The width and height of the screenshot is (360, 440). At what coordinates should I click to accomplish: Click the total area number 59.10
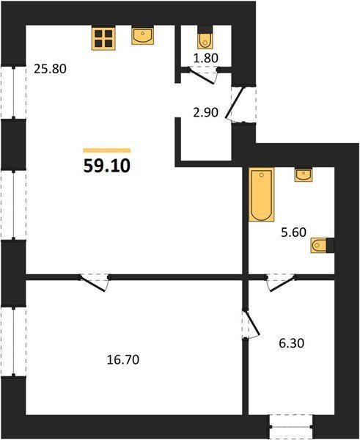107,166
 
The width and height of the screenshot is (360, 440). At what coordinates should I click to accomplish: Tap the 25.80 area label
50,69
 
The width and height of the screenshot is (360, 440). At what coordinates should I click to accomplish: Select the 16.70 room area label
123,360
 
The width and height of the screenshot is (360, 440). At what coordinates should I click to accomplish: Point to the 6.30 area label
292,343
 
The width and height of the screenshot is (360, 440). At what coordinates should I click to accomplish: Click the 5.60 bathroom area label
294,232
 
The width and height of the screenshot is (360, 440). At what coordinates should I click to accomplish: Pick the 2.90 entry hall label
206,112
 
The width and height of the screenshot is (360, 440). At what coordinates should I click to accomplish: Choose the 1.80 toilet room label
206,58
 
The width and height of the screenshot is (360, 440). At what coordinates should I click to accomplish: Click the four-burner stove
104,38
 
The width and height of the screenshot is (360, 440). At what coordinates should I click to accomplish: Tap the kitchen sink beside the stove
142,36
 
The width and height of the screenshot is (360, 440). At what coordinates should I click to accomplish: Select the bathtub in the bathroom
261,195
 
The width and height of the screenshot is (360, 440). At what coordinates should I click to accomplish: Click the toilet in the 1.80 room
206,37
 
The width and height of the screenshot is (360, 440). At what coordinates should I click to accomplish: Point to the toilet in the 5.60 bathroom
323,245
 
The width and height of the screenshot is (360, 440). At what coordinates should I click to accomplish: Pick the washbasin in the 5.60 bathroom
304,175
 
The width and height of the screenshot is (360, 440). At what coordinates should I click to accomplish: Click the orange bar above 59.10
107,150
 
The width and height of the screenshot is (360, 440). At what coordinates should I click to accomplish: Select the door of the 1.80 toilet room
202,75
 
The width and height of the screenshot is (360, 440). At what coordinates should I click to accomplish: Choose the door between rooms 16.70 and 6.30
251,324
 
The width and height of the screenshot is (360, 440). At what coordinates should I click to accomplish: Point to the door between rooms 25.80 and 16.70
95,283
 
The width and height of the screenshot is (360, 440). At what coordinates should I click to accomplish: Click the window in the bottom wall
291,427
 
